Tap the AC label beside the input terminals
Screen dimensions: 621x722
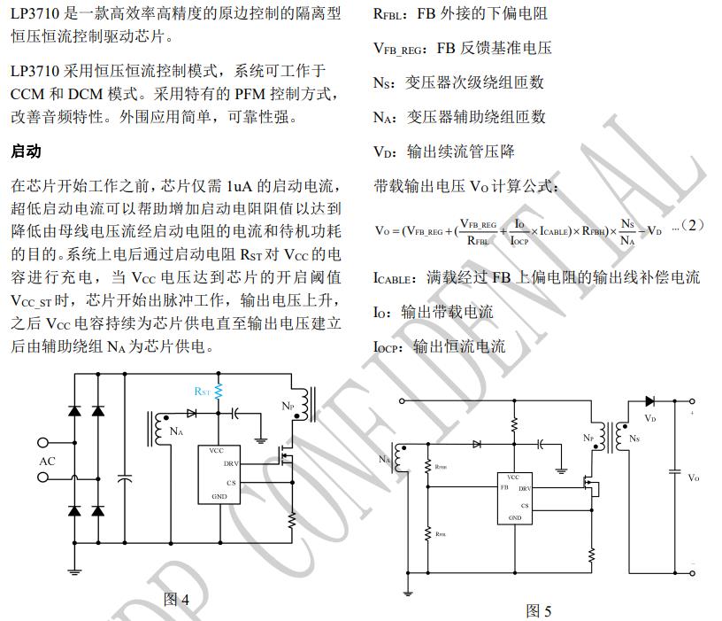(47, 462)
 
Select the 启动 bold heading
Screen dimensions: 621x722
(26, 151)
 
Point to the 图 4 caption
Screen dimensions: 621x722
(177, 600)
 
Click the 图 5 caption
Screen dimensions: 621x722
(538, 610)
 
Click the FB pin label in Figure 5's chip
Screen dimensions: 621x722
(504, 487)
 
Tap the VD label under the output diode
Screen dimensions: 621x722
(650, 417)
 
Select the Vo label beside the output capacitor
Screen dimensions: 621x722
(694, 477)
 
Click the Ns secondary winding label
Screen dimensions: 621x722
(634, 439)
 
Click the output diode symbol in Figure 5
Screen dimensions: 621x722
(650, 402)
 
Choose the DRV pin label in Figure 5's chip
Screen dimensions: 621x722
(524, 488)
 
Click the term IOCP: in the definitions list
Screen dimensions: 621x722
(393, 346)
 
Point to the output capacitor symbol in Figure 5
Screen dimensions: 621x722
(674, 470)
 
